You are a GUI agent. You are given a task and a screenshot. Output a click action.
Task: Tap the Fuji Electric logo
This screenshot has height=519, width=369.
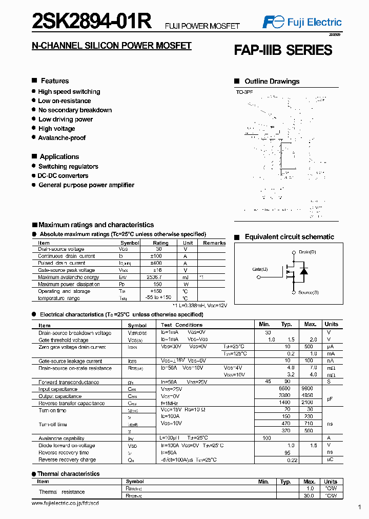coord(302,22)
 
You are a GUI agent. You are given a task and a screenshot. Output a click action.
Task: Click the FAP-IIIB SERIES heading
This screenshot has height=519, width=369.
coord(283,50)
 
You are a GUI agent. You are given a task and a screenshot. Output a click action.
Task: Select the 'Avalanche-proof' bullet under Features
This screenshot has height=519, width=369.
coord(61,138)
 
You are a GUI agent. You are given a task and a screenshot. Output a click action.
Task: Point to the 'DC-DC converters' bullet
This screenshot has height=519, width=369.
coord(63,176)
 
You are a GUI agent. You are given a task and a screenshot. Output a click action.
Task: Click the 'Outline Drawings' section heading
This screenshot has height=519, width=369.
coord(272,82)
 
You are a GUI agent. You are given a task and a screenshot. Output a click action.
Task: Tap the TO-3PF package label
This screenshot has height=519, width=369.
coord(244,92)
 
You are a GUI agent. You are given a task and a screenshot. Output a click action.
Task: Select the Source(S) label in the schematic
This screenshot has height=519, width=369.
coord(308,292)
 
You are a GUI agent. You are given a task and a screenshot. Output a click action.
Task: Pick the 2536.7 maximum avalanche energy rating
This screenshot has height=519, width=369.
coord(160,277)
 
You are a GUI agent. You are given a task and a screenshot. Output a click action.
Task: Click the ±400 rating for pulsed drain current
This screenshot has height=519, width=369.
coord(160,263)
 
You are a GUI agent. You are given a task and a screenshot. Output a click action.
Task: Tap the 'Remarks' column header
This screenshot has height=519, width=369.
coord(214,243)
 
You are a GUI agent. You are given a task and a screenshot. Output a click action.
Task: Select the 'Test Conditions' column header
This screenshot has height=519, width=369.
coord(181,325)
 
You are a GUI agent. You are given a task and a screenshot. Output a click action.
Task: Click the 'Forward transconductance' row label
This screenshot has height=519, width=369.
coord(69,382)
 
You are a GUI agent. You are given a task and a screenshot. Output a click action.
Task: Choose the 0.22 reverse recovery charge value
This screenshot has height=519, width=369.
coord(292,460)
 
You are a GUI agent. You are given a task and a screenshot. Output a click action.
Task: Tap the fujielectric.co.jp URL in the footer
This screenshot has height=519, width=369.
coord(65,504)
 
